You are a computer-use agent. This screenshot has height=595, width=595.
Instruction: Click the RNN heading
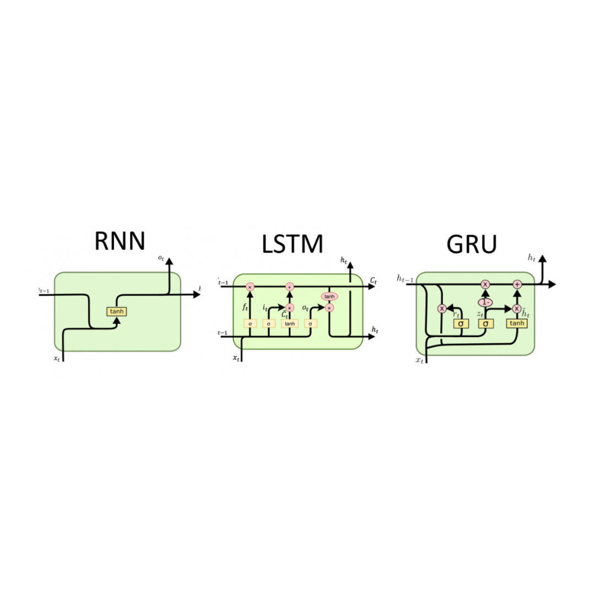(120, 241)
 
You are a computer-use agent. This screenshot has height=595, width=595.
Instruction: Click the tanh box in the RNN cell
(117, 311)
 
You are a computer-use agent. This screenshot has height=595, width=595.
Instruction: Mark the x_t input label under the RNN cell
(56, 359)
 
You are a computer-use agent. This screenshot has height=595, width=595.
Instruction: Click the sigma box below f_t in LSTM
(250, 323)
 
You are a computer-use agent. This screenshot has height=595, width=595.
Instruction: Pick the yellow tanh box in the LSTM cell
(290, 323)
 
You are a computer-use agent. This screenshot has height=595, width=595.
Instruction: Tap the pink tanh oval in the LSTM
(329, 296)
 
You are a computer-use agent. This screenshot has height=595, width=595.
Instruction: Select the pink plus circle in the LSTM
(290, 286)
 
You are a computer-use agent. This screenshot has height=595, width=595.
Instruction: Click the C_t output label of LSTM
(373, 281)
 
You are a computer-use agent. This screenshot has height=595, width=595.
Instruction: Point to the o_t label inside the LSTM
(306, 308)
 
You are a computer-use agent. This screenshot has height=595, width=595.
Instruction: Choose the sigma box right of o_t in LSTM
(310, 323)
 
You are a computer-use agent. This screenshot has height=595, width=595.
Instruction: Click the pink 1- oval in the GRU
(485, 302)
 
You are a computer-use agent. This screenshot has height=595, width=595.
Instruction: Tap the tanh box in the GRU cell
(517, 323)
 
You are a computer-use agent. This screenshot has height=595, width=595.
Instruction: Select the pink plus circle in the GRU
(517, 284)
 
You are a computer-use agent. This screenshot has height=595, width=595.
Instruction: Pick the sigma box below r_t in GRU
(461, 323)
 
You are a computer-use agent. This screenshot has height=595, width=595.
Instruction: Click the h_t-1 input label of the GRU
(405, 279)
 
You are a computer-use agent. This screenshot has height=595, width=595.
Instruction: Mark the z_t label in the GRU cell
(479, 313)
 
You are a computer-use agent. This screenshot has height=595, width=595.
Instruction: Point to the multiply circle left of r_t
(442, 309)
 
